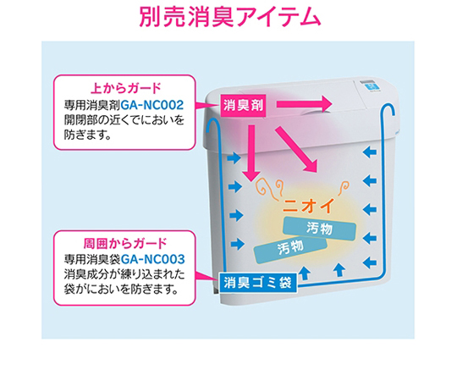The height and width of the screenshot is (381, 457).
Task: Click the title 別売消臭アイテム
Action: (230, 17)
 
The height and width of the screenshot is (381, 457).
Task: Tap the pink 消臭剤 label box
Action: (244, 106)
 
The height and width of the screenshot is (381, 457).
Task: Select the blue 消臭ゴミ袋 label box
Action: (257, 283)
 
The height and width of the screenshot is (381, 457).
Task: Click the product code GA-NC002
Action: (151, 105)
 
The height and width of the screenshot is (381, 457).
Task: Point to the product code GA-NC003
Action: (152, 259)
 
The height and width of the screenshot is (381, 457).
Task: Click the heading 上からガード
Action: (125, 88)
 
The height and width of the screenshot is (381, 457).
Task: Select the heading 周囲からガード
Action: (125, 243)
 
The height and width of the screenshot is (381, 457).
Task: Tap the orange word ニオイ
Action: (308, 206)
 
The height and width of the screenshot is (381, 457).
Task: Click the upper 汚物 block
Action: (319, 229)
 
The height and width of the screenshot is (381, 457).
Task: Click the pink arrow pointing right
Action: (305, 104)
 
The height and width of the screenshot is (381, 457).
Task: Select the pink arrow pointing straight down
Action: (251, 153)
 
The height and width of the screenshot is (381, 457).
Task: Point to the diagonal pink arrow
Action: (296, 149)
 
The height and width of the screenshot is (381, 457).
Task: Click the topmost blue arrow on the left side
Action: (234, 158)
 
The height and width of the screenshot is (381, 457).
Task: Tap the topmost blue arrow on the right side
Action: (370, 152)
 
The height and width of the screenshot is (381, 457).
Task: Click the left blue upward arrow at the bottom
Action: (305, 273)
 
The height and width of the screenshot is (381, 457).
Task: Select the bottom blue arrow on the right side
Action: (370, 262)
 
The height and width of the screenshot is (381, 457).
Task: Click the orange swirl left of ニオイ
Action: (270, 189)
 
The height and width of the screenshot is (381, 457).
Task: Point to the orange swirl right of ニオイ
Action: (344, 188)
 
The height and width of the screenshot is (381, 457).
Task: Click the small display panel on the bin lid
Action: (369, 86)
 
